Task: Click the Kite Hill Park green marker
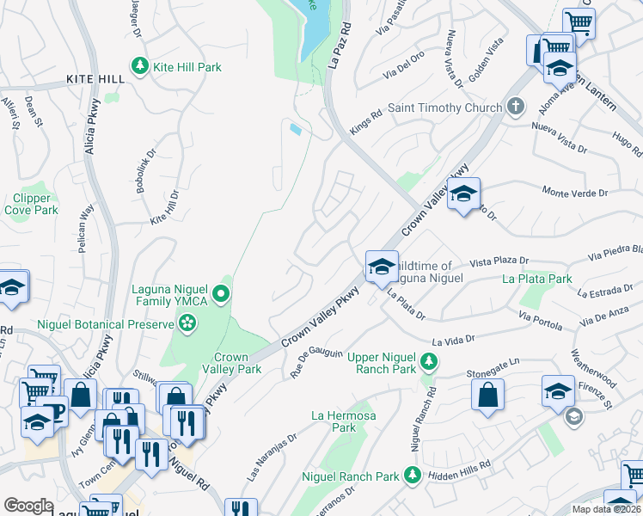[x=138, y=66]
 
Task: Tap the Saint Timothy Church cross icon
[x=516, y=107]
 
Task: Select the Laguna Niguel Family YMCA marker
[x=222, y=296]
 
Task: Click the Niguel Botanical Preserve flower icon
[x=187, y=324]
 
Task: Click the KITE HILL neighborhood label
[x=95, y=79]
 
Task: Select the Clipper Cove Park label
[x=31, y=204]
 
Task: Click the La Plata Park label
[x=537, y=279]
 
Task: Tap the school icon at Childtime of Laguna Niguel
[x=382, y=266]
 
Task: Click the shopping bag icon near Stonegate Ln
[x=487, y=394]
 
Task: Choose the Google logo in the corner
[x=28, y=506]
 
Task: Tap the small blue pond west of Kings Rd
[x=296, y=130]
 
